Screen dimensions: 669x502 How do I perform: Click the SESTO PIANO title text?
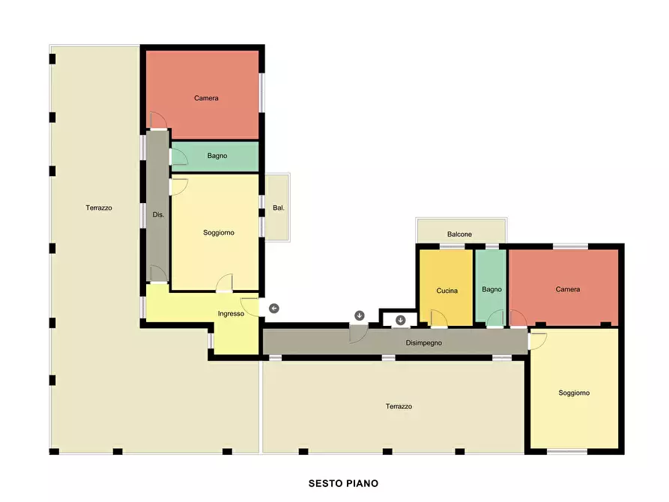343,483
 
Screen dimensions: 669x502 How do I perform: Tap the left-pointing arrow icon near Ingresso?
274,308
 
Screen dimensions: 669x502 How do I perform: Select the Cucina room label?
446,291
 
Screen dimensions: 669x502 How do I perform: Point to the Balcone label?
459,235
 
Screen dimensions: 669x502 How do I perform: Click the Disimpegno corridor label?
424,342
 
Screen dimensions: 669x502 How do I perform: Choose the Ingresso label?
231,314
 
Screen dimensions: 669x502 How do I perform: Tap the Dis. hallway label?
158,215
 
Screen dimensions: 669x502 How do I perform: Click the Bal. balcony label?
278,208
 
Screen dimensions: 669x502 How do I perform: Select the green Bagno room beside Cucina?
491,285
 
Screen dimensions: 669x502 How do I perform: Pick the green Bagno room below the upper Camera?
215,157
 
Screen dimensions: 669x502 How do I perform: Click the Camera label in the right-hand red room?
567,289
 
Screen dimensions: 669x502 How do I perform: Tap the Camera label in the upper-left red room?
206,98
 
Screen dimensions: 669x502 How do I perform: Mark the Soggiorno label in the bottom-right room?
574,393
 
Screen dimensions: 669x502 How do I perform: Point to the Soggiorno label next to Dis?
219,233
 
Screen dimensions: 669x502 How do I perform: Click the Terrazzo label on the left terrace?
99,208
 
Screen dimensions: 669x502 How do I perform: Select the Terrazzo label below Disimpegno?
399,406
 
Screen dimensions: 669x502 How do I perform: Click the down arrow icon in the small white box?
400,320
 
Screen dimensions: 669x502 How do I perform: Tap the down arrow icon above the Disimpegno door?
360,315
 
